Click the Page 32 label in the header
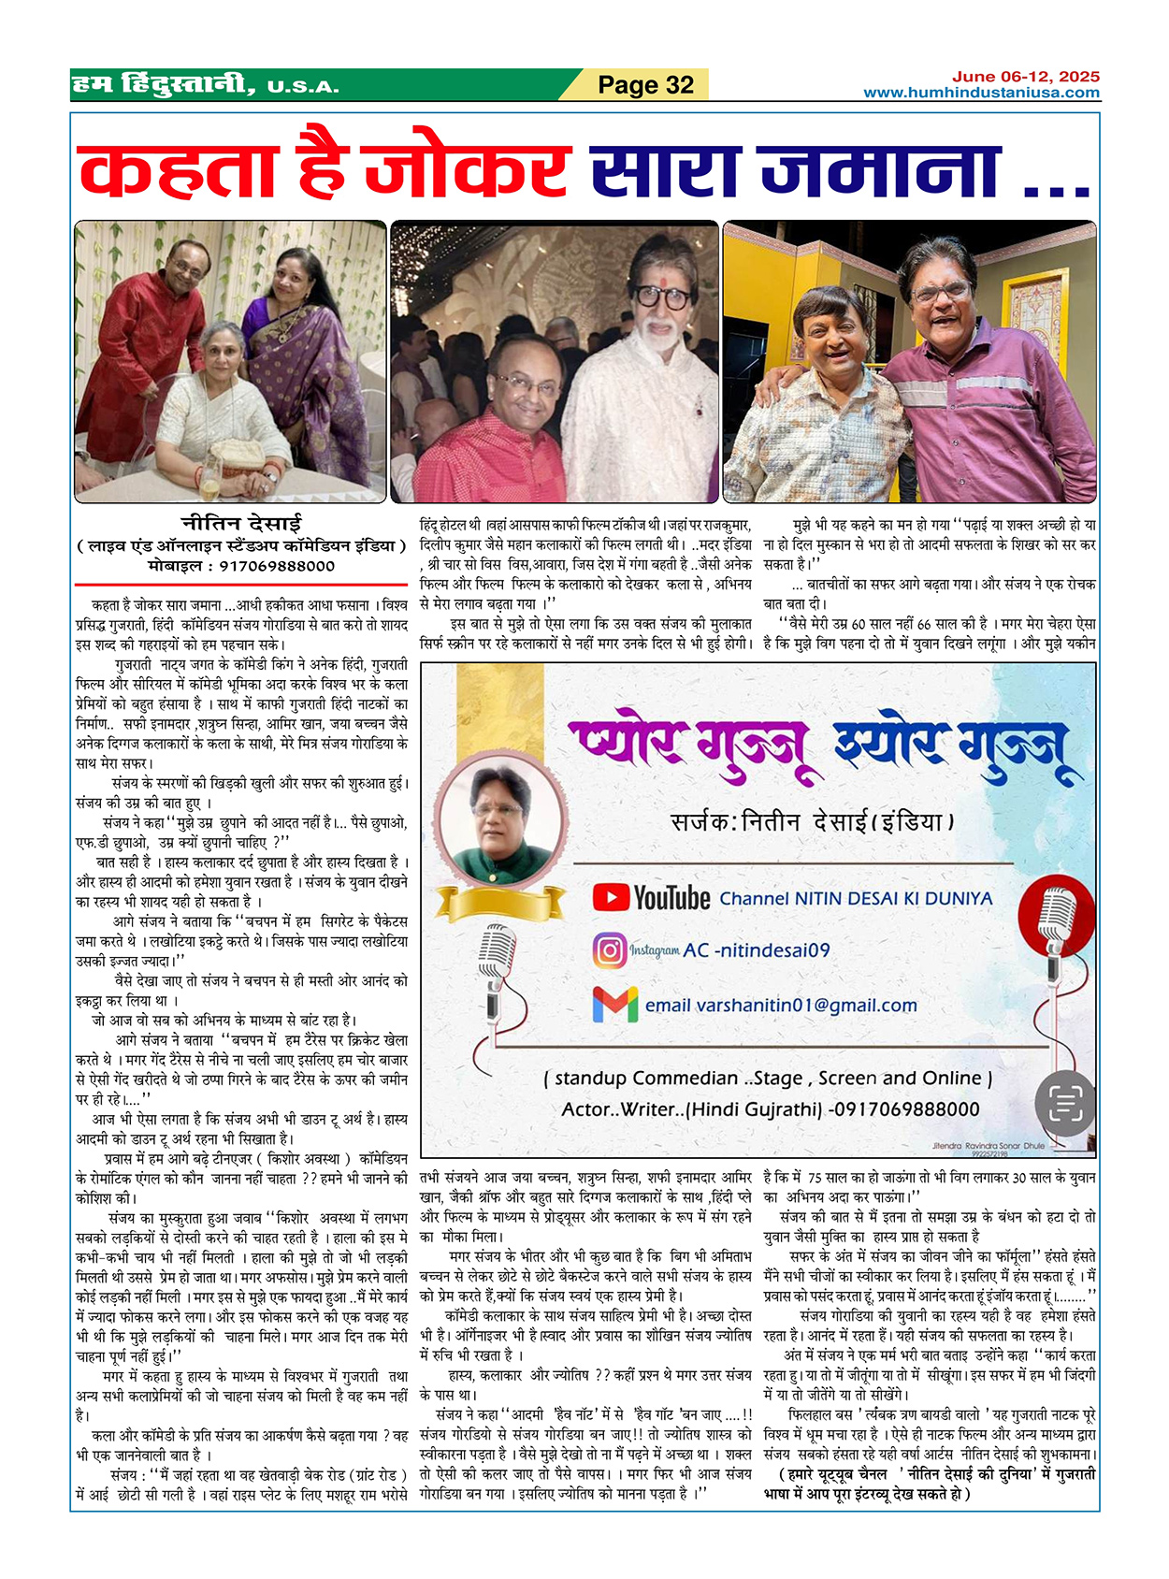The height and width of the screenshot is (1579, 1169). coord(645,85)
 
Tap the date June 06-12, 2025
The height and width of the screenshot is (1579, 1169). coord(1026,77)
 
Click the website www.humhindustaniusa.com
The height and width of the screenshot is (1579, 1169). coord(981,93)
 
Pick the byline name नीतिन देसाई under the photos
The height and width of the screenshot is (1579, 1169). coord(241,523)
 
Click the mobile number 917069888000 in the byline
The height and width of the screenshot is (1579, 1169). coord(277,566)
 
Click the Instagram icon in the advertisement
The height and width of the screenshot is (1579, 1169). coord(610,950)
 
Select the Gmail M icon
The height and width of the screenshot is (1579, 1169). coord(615,1005)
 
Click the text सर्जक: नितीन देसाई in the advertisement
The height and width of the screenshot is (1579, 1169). coord(812,822)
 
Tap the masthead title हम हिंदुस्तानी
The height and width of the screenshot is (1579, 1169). coord(164,85)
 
